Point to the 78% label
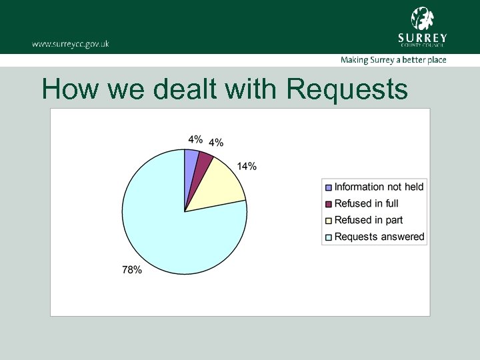click(x=132, y=270)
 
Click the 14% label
click(x=247, y=166)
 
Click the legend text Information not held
click(x=379, y=187)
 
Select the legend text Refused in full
click(x=366, y=203)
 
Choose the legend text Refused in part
click(x=368, y=220)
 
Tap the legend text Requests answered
click(x=379, y=237)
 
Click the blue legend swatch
click(x=328, y=187)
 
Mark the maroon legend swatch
click(x=328, y=204)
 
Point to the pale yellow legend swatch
click(x=328, y=221)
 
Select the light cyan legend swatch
click(x=328, y=237)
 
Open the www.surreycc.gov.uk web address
click(x=70, y=44)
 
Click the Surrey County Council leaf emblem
click(x=422, y=18)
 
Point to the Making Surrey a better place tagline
click(x=393, y=60)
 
